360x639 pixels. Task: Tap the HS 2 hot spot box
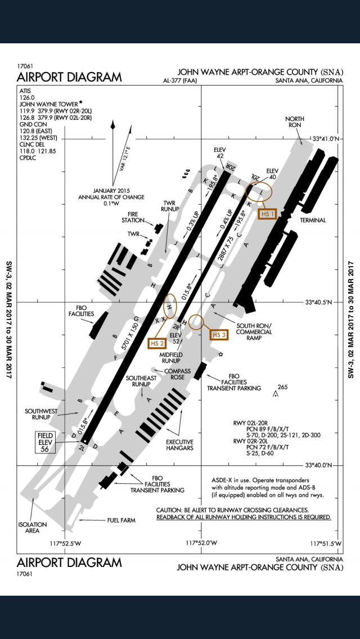(x=157, y=342)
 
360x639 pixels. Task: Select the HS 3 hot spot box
(x=219, y=335)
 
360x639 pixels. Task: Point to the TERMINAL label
(x=313, y=220)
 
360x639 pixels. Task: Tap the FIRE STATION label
(x=132, y=217)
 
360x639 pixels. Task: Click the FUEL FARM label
(x=121, y=520)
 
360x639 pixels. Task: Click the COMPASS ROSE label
(x=178, y=375)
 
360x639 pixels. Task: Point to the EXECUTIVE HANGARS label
(x=179, y=445)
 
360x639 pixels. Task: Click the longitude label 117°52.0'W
(x=201, y=543)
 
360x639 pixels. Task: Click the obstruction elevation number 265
(x=282, y=386)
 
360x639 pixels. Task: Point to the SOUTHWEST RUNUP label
(x=41, y=415)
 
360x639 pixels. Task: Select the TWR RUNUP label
(x=171, y=206)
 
